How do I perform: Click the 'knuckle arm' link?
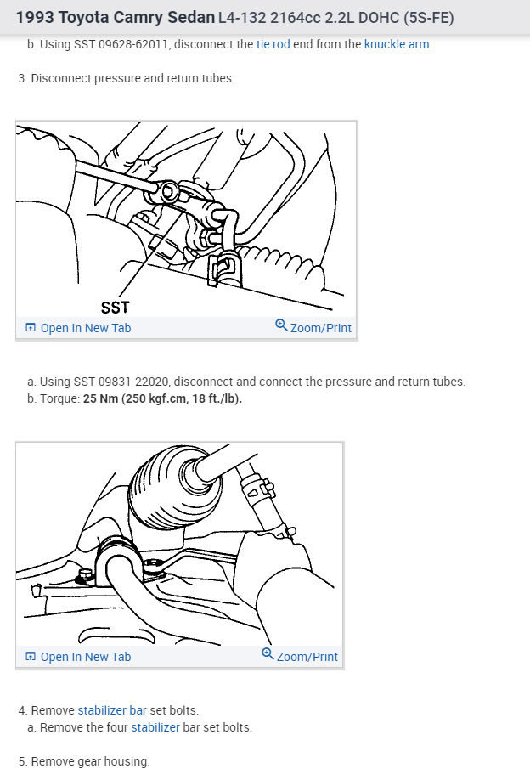(397, 44)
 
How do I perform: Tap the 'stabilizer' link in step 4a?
(155, 727)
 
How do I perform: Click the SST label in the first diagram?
(116, 307)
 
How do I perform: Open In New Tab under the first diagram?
(85, 328)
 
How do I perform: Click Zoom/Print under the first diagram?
(320, 328)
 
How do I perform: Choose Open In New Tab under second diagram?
(85, 657)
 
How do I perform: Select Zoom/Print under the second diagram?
(307, 657)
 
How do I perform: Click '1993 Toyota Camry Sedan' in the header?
(115, 17)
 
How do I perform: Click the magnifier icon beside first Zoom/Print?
(281, 325)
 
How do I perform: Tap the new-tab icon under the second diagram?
(31, 657)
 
